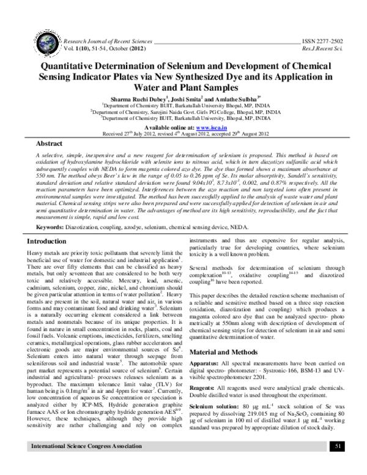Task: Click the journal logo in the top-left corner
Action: pos(31,39)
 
